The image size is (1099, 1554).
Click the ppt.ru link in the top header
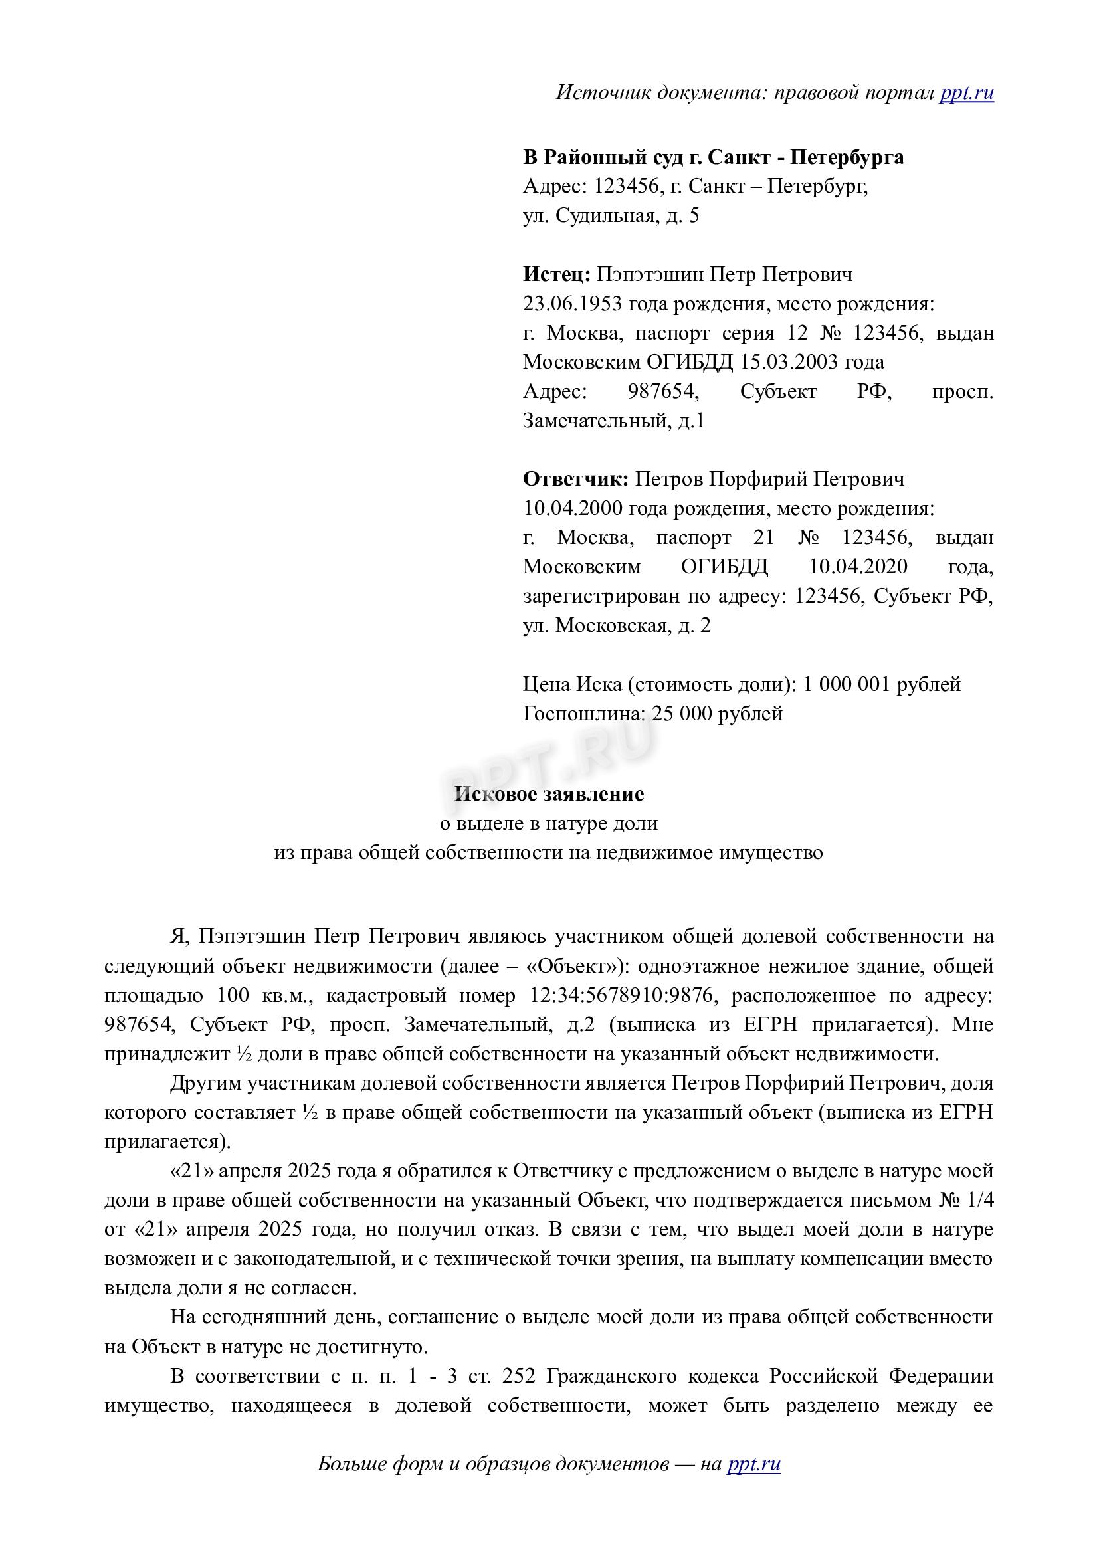[x=966, y=92]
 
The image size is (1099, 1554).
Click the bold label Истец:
[x=557, y=274]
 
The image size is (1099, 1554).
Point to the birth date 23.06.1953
[x=572, y=304]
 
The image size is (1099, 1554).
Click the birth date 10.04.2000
[x=572, y=508]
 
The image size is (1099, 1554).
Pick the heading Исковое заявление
[x=549, y=793]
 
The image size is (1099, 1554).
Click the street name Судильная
[x=604, y=216]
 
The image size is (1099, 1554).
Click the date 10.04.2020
[x=858, y=567]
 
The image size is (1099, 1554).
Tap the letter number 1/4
[x=977, y=1201]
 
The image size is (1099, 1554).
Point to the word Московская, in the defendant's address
[x=614, y=625]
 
